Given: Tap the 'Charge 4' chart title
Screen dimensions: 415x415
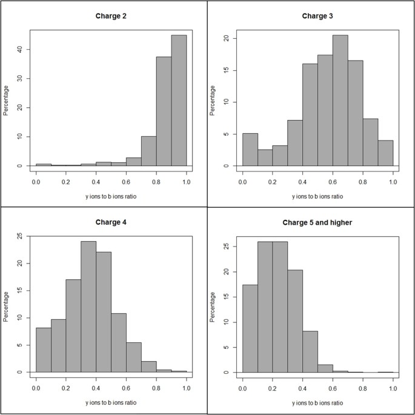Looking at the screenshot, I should coord(111,222).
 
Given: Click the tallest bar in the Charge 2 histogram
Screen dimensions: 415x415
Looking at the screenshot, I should coord(179,100).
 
